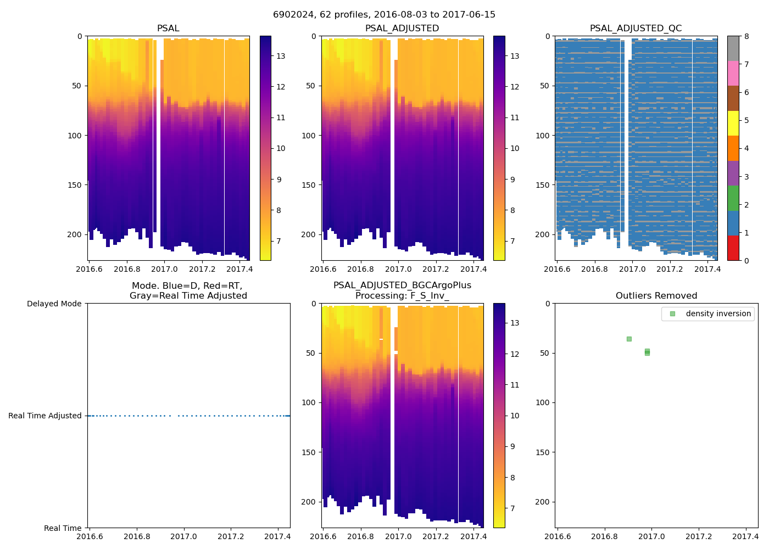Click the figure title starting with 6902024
coord(384,15)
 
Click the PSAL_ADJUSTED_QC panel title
coord(636,29)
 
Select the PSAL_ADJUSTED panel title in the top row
coord(402,29)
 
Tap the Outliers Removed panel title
coord(656,296)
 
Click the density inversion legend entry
coord(718,314)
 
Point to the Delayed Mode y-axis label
coord(54,304)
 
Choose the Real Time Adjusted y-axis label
coord(45,416)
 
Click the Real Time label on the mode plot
coord(63,528)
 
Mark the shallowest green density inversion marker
coord(629,339)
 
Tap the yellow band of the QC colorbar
coord(733,123)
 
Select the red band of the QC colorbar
coord(733,248)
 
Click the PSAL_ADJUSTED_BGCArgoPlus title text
coord(402,285)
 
